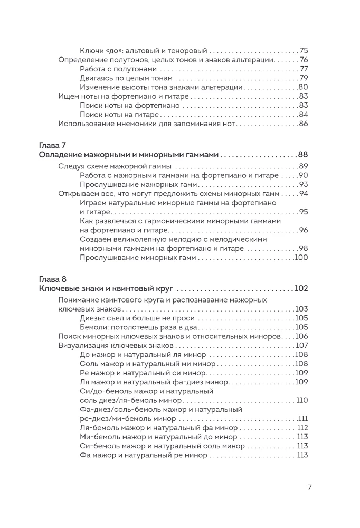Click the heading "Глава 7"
point(52,145)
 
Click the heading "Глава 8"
point(52,278)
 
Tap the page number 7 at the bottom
point(309,487)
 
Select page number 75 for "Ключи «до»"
point(304,51)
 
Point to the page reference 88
point(302,155)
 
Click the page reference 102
point(301,288)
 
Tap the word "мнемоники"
point(152,124)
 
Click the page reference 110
point(302,400)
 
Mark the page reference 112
point(302,428)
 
